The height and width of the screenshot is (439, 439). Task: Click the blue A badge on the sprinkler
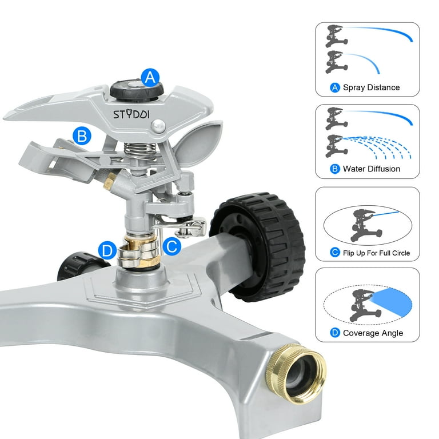[x=150, y=78]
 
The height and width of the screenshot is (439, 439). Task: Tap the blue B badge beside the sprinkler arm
[x=82, y=136]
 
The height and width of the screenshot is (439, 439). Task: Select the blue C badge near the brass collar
[x=171, y=246]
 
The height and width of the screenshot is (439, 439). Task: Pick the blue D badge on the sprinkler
[x=107, y=250]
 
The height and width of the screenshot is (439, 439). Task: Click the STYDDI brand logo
[x=131, y=114]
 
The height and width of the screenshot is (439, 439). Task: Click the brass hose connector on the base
[x=296, y=373]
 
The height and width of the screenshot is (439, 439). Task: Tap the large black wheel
[x=258, y=246]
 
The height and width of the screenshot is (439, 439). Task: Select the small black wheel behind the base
[x=80, y=265]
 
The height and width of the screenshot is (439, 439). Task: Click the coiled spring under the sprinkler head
[x=139, y=150]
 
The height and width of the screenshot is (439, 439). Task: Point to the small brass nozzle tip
[x=109, y=181]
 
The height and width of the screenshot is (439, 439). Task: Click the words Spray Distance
[x=371, y=87]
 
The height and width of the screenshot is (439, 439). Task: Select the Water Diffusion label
[x=371, y=169]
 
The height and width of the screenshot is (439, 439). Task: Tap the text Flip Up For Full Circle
[x=376, y=253]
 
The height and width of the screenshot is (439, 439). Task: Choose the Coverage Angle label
[x=373, y=333]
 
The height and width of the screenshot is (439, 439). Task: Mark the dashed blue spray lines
[x=377, y=147]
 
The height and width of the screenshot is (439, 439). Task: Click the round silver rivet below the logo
[x=158, y=126]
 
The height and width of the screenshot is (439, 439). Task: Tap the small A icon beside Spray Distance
[x=335, y=87]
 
